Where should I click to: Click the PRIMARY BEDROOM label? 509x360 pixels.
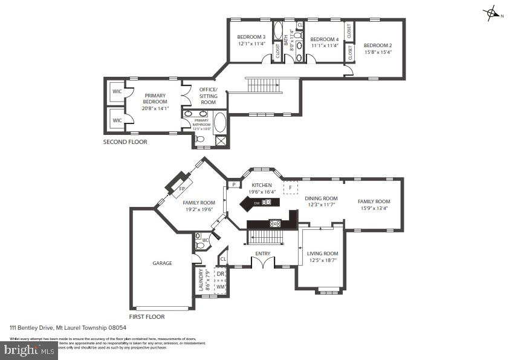155,99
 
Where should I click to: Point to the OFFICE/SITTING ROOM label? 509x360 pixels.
208,96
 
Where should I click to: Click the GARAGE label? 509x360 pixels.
162,263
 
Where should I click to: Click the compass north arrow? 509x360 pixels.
492,13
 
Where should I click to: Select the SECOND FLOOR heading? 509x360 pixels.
125,142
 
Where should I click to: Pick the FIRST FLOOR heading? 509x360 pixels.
147,316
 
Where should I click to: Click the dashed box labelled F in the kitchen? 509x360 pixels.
291,188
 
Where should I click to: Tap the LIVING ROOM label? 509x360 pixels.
322,254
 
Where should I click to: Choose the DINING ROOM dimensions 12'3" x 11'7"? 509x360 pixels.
320,205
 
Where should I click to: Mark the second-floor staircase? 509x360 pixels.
263,85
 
